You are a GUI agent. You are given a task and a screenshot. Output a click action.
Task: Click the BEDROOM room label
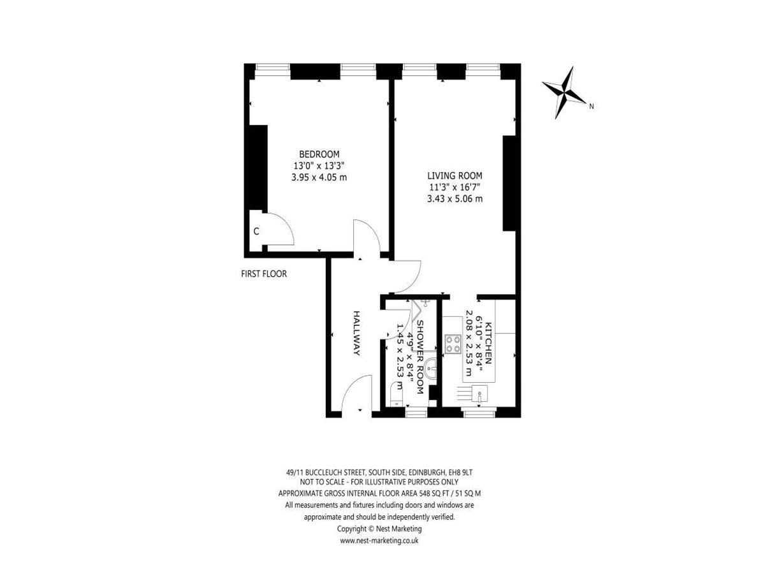(x=319, y=154)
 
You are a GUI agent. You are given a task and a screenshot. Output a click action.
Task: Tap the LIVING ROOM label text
(x=455, y=175)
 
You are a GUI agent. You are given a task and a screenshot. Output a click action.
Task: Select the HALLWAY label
(x=356, y=333)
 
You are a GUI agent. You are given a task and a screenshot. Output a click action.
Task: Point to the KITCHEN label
(x=488, y=343)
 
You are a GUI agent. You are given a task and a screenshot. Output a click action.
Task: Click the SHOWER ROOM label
(x=419, y=357)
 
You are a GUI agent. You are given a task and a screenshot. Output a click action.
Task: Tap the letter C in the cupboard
(x=256, y=232)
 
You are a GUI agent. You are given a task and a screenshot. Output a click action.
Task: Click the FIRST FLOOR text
(x=264, y=274)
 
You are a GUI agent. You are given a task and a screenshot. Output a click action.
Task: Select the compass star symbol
(x=564, y=92)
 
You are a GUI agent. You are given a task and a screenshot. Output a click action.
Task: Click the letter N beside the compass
(x=591, y=107)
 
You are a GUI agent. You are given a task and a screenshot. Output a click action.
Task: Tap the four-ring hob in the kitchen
(x=453, y=344)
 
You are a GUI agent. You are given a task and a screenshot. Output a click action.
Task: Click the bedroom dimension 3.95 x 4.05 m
(x=319, y=177)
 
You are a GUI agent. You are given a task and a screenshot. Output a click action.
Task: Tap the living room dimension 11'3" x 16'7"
(x=455, y=187)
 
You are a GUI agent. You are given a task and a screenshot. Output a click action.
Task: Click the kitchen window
(x=479, y=414)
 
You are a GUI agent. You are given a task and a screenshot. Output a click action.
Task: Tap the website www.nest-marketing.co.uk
(x=379, y=541)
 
